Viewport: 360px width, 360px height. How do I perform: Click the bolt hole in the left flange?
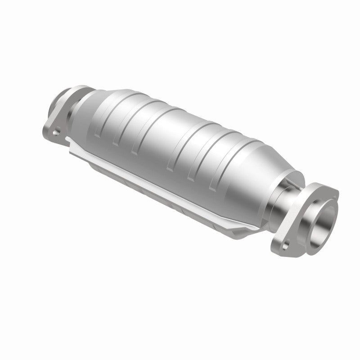click(x=56, y=132)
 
